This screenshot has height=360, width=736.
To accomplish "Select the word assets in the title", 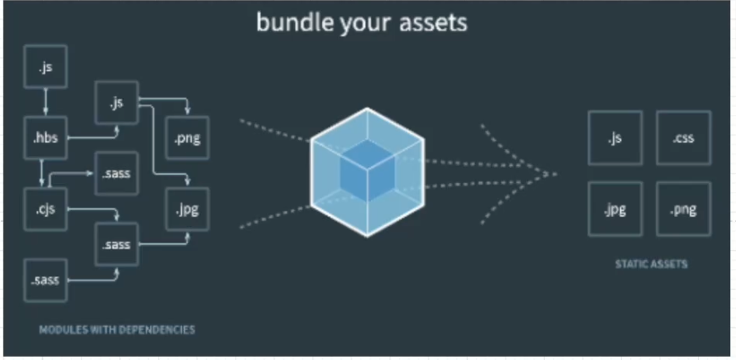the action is (x=429, y=22).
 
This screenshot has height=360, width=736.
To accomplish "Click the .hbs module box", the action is (x=46, y=138).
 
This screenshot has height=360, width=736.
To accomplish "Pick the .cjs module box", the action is (x=46, y=208).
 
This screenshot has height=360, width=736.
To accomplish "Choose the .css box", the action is (x=683, y=138).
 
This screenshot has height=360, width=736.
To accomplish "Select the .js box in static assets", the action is (x=615, y=138).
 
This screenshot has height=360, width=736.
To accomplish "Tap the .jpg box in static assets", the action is (x=615, y=208).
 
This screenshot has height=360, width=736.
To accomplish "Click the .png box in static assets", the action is (x=683, y=208).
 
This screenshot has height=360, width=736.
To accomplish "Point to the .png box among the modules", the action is (x=187, y=138).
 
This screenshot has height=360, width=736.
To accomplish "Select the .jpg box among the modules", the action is (x=187, y=208).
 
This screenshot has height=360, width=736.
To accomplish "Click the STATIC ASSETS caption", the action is (x=650, y=264).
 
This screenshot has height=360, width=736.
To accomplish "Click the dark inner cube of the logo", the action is (x=367, y=170).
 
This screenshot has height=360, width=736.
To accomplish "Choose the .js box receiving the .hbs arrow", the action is (x=117, y=102).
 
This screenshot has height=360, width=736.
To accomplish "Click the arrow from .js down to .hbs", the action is (x=46, y=102).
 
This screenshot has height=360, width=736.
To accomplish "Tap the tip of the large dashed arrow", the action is (x=555, y=174).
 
